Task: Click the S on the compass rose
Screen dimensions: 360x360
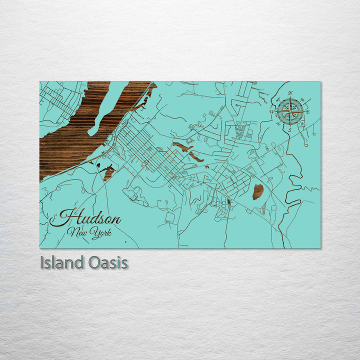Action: [x=289, y=129]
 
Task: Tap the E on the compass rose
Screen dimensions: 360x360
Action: [x=308, y=112]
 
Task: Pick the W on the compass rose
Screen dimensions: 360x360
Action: [x=271, y=111]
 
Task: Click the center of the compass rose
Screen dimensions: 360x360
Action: [x=289, y=111]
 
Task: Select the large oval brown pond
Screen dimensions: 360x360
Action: [x=258, y=191]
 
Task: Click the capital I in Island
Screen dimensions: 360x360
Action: [x=42, y=262]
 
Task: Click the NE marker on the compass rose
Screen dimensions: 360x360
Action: [x=302, y=98]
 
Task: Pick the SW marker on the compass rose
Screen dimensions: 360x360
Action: [x=276, y=124]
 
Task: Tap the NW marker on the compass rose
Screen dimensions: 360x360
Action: [x=277, y=98]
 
